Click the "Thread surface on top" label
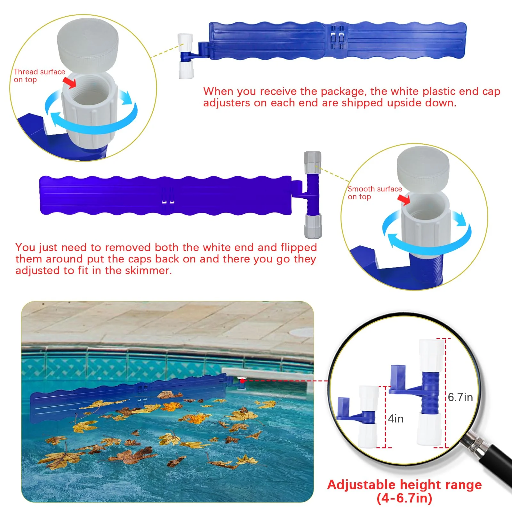click(x=39, y=76)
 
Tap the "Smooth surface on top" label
click(x=375, y=193)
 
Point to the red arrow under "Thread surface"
click(x=69, y=82)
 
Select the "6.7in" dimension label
click(x=460, y=397)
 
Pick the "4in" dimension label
click(x=396, y=419)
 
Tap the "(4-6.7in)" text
click(x=404, y=498)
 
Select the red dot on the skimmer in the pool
click(x=243, y=381)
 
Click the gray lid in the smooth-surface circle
click(x=423, y=168)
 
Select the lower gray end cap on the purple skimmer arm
click(x=313, y=227)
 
